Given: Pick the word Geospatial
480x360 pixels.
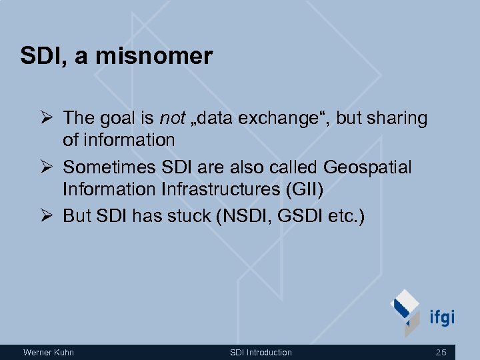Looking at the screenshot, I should pyautogui.click(x=367, y=167).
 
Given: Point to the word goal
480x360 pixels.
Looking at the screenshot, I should pyautogui.click(x=120, y=119).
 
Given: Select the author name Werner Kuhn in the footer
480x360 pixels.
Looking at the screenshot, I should pyautogui.click(x=48, y=352).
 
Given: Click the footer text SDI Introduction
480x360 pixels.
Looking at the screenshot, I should pyautogui.click(x=261, y=352).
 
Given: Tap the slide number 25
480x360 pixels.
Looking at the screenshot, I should pyautogui.click(x=441, y=352).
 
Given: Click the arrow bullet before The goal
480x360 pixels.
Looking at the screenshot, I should pyautogui.click(x=49, y=119).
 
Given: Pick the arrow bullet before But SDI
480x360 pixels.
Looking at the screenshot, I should pyautogui.click(x=49, y=216).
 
